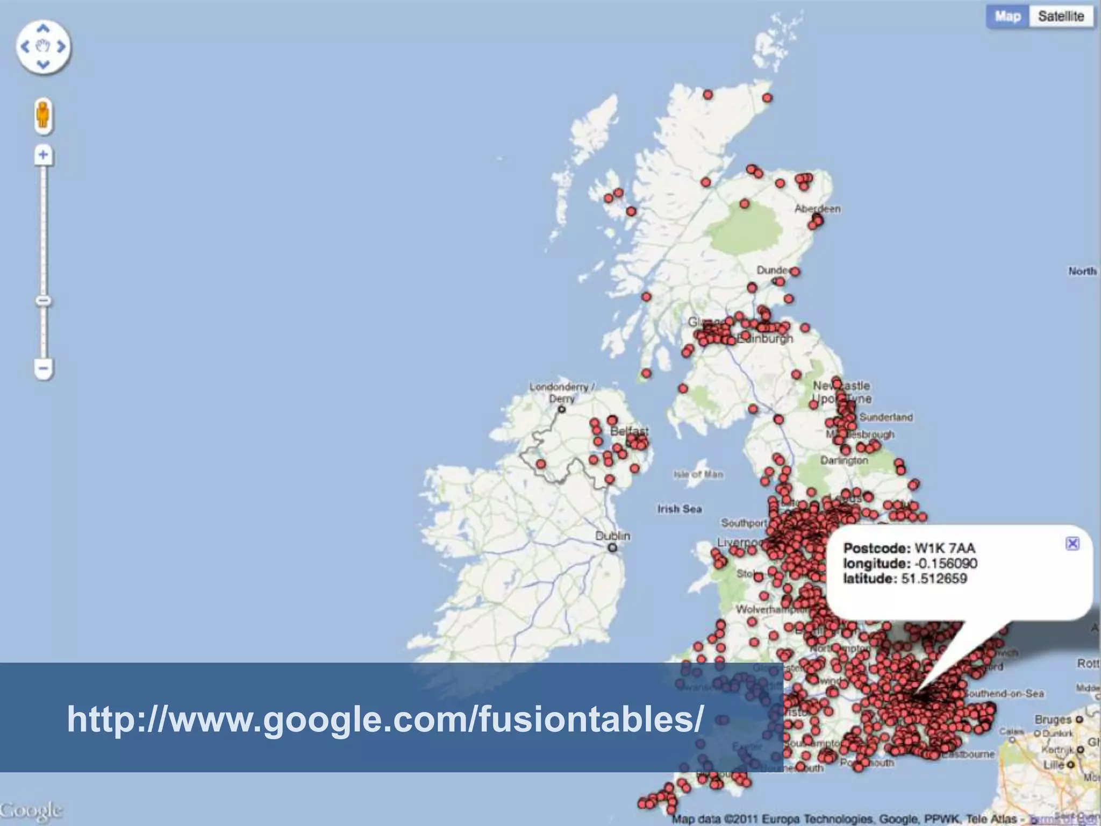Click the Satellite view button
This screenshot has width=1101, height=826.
coord(1061,17)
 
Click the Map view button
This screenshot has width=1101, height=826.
coord(1007,17)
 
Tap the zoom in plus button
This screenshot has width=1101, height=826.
coord(44,155)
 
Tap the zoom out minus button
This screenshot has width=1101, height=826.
coord(44,369)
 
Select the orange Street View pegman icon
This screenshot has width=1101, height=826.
coord(44,115)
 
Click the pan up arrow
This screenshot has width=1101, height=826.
coord(44,28)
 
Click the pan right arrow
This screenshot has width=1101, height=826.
coord(61,47)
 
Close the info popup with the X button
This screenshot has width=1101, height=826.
coord(1072,544)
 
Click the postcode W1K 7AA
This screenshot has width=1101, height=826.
coord(945,549)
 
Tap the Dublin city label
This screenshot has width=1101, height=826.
coord(612,536)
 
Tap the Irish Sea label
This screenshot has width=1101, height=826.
coord(680,509)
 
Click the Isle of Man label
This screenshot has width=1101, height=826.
coord(698,474)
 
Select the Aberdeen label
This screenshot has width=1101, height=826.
coord(817,209)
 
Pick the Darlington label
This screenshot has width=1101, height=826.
coord(844,460)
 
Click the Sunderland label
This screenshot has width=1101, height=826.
coord(886,417)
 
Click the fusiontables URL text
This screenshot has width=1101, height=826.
coord(385,719)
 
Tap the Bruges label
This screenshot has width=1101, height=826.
coord(1053,720)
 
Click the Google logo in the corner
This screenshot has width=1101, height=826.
coord(31,810)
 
